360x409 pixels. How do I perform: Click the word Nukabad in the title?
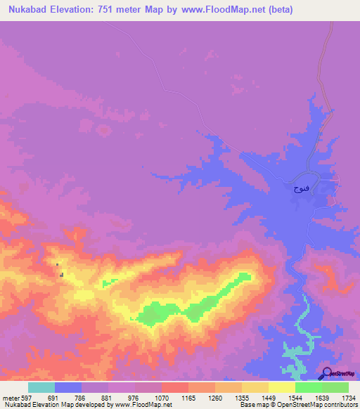[27, 10]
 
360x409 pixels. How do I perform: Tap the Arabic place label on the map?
[300, 188]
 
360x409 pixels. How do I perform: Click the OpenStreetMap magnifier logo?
[326, 372]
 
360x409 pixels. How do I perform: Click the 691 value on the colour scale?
[55, 397]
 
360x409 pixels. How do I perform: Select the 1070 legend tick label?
[162, 397]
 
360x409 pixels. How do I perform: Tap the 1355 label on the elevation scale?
[242, 397]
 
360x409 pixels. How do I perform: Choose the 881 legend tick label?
[108, 397]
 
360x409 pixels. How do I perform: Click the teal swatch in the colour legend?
[41, 387]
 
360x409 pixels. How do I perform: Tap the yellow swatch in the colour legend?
[281, 387]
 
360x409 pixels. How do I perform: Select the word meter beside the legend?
[11, 397]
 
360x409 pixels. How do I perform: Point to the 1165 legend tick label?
[188, 397]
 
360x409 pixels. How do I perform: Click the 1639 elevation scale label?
[322, 397]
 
